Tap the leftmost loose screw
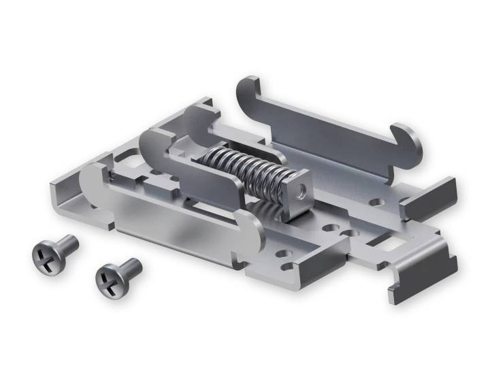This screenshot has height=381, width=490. point(54,250)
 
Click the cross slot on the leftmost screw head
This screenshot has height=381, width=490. point(45,255)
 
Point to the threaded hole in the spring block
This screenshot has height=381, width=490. point(299,184)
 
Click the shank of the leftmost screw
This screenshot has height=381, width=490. point(67,243)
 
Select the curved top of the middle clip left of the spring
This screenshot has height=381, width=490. point(151,139)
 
